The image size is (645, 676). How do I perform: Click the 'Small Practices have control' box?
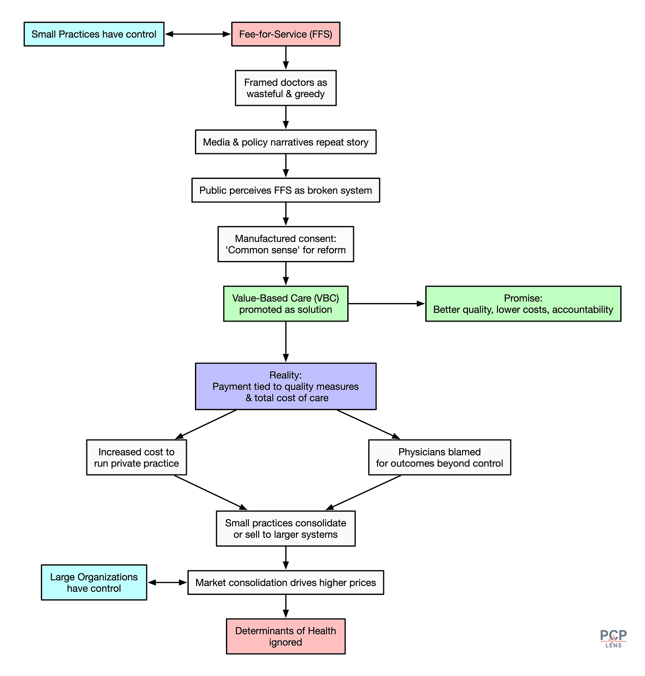coord(94,34)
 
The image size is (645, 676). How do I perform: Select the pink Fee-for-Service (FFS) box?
coord(286,34)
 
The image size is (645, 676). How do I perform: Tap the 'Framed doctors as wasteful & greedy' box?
coord(286,88)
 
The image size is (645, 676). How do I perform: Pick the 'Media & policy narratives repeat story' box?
coord(286,142)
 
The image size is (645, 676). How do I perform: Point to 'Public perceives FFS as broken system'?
coord(286,190)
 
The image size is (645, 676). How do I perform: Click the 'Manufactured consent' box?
coord(286,244)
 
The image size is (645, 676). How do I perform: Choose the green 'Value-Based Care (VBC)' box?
coord(286,303)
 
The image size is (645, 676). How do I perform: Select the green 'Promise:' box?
coord(523,303)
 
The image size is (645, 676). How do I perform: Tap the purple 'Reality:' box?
coord(286,386)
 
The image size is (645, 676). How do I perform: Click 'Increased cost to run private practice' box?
coord(136,457)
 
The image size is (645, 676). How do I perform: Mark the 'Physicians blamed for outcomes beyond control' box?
coord(439,457)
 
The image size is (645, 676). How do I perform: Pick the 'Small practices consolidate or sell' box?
coord(286,528)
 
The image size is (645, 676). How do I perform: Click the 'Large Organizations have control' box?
coord(94,582)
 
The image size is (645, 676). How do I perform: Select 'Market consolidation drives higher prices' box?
coord(286,582)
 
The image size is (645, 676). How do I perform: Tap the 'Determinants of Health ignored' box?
coord(286,636)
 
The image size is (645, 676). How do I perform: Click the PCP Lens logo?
coord(613,638)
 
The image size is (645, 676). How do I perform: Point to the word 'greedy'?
coord(310,94)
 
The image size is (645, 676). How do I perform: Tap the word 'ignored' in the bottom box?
coord(286,642)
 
